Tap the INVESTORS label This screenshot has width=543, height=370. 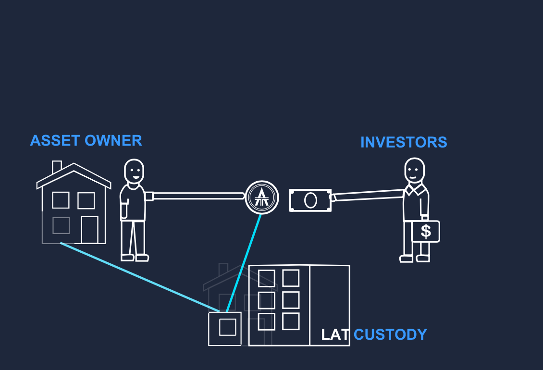click(x=404, y=142)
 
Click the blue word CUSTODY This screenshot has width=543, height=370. click(x=390, y=334)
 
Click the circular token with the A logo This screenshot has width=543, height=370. click(x=262, y=197)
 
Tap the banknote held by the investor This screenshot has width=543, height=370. click(x=310, y=200)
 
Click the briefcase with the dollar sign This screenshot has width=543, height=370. click(x=426, y=231)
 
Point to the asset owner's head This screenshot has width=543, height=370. click(x=134, y=171)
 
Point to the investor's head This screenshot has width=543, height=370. click(x=414, y=170)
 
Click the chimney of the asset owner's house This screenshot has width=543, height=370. click(x=57, y=167)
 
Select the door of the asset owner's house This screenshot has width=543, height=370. click(x=89, y=230)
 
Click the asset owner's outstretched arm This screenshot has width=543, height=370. click(x=197, y=196)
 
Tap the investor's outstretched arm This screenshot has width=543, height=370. click(x=368, y=195)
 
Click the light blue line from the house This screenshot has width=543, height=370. click(x=139, y=277)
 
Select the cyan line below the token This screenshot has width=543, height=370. click(x=244, y=262)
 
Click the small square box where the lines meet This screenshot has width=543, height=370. click(x=225, y=329)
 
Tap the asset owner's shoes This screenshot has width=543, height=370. click(x=135, y=258)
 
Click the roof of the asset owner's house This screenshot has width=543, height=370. click(x=74, y=174)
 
